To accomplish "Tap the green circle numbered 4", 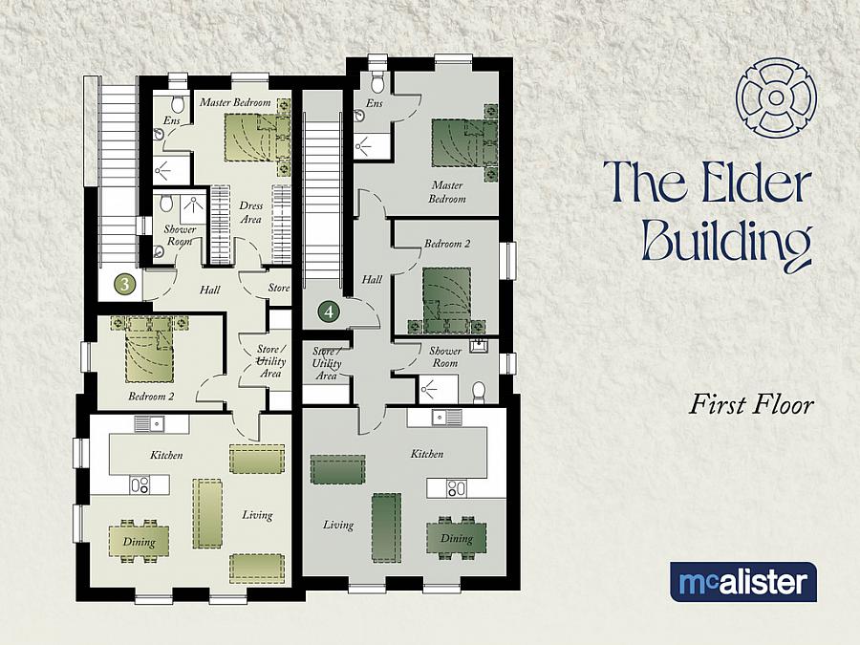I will (x=329, y=311).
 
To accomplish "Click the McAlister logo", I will (x=742, y=582).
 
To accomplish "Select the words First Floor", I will (x=751, y=405).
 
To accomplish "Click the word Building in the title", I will (x=726, y=242).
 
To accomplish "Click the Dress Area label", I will (x=250, y=212).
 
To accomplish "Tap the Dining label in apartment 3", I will (x=139, y=542).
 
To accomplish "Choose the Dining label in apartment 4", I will (x=456, y=538).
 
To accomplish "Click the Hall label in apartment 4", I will (x=372, y=279).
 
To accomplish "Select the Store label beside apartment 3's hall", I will (x=278, y=287).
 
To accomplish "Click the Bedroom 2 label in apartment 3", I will (x=151, y=395).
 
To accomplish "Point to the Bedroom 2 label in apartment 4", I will (x=447, y=245).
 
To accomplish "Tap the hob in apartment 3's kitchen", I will (x=140, y=484).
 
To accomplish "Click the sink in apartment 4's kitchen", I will (x=445, y=417).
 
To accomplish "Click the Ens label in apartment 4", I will (x=374, y=102).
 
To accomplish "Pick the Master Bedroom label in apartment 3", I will (x=235, y=102).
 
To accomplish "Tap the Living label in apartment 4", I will (x=337, y=525).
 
